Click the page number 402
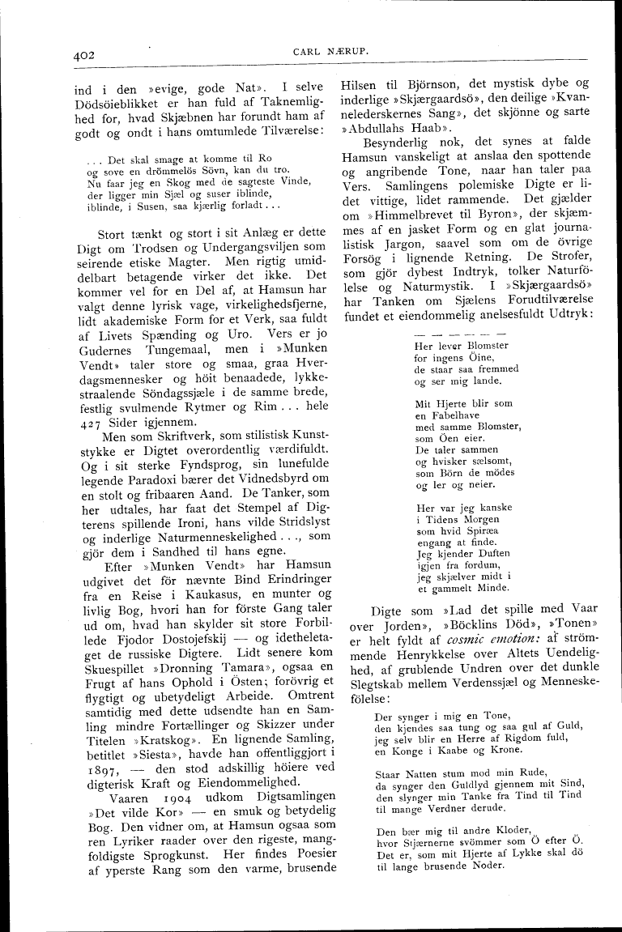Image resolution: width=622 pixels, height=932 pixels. pyautogui.click(x=83, y=55)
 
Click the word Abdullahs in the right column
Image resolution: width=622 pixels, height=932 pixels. pyautogui.click(x=381, y=130)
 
